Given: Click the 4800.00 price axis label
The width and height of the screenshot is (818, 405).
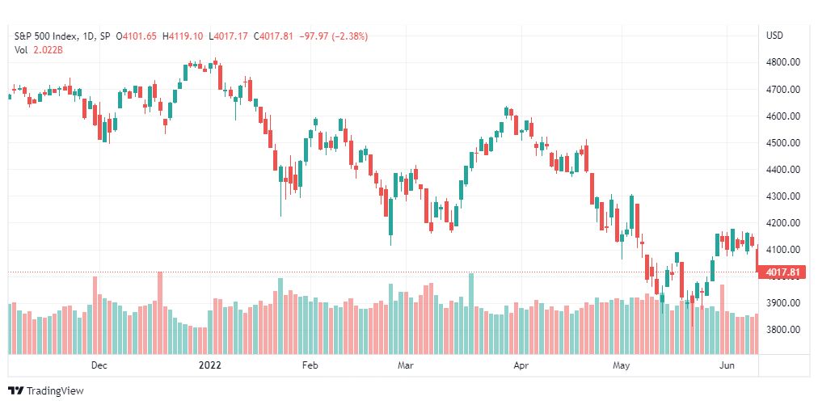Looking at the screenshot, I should coord(782,62).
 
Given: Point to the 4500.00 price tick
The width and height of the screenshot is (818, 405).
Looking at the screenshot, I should coord(782,143).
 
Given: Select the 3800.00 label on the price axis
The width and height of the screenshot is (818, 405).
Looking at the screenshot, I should coord(782,330).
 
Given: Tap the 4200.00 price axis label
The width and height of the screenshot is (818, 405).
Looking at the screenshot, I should coord(782,223).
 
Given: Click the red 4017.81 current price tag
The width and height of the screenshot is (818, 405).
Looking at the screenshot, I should coord(782,272).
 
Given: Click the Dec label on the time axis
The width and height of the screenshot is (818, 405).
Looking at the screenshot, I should coord(99,365).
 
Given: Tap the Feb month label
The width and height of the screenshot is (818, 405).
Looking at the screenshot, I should coord(310,365).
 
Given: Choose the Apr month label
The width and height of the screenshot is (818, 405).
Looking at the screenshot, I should coord(521,365).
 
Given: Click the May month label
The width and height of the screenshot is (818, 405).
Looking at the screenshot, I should coord(621,365).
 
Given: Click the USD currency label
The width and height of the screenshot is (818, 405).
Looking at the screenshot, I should coord(774,36).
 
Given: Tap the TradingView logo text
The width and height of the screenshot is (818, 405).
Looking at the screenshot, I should coord(55,391).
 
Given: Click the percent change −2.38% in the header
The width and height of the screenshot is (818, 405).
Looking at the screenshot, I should coord(330,36).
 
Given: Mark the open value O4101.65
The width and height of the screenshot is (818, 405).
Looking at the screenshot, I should coord(136,36).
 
